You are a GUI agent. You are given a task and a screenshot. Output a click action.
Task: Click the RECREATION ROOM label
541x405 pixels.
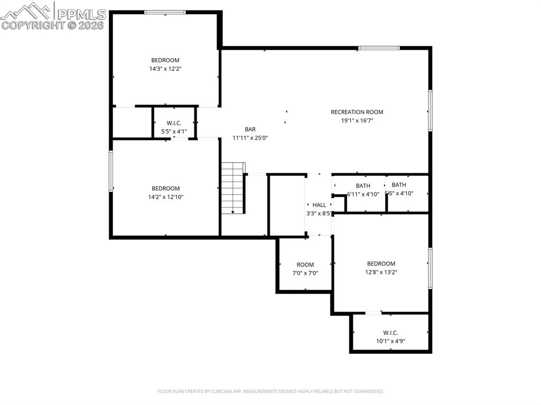coord(357,112)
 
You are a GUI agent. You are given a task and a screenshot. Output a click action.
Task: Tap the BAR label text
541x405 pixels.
coord(250,129)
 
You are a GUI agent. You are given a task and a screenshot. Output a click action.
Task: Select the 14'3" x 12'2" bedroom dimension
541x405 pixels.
coord(165,69)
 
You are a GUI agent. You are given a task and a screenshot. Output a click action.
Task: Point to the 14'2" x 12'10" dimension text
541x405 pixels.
coord(165,197)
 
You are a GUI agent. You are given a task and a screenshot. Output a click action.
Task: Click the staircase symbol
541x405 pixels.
coord(232,188)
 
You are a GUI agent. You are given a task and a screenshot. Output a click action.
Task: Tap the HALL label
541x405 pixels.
coord(319,205)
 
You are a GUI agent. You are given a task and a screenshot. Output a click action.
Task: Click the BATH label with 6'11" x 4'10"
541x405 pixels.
coord(363,186)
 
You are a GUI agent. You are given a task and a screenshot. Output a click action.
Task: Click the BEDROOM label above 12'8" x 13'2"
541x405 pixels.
coord(381,263)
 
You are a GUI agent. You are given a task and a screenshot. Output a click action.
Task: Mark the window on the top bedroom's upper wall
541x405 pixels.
coord(165,12)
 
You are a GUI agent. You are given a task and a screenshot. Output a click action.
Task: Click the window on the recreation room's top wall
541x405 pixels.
coord(378,49)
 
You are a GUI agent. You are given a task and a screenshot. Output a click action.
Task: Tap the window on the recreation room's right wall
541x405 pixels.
coord(430,110)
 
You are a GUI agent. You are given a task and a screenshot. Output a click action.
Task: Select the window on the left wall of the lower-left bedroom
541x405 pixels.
coord(111,171)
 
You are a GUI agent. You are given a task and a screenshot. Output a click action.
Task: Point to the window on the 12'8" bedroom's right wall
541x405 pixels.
coord(430,268)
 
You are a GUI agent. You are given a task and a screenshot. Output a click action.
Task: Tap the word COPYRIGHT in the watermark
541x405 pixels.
coord(33,25)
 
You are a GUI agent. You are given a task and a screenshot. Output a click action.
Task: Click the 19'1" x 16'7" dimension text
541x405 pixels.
coord(357,120)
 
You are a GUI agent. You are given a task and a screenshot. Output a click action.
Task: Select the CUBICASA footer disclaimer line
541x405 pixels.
coord(270,391)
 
